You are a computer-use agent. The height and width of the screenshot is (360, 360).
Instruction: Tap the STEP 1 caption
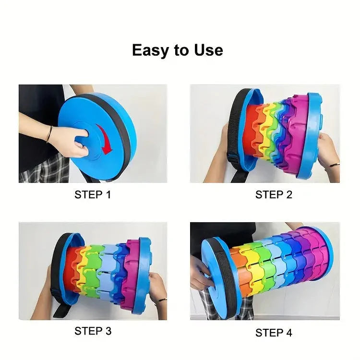tap(93, 195)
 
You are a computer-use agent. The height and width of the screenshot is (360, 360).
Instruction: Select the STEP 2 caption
tap(274, 195)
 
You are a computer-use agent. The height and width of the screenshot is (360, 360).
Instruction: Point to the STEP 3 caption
tap(93, 331)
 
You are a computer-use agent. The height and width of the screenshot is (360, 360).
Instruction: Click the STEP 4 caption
tap(274, 333)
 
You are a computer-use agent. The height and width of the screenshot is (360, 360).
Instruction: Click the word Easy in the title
tap(150, 50)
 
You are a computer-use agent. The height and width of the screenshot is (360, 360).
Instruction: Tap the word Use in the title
tap(208, 50)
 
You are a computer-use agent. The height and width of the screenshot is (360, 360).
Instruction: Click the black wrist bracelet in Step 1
tap(49, 134)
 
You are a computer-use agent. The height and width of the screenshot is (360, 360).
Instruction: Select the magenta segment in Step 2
tap(299, 135)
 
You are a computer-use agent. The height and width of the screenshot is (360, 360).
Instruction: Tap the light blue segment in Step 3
tap(108, 271)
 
